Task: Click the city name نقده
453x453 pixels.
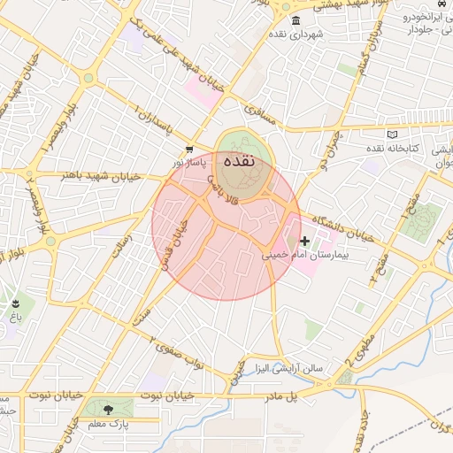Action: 241,163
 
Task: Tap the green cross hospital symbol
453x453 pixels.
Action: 305,241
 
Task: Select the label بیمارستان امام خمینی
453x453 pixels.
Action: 307,255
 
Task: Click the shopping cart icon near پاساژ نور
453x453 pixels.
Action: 189,150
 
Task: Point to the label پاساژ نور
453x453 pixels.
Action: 188,163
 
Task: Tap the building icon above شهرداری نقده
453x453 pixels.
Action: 295,21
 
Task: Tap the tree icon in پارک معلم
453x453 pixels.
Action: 109,410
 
